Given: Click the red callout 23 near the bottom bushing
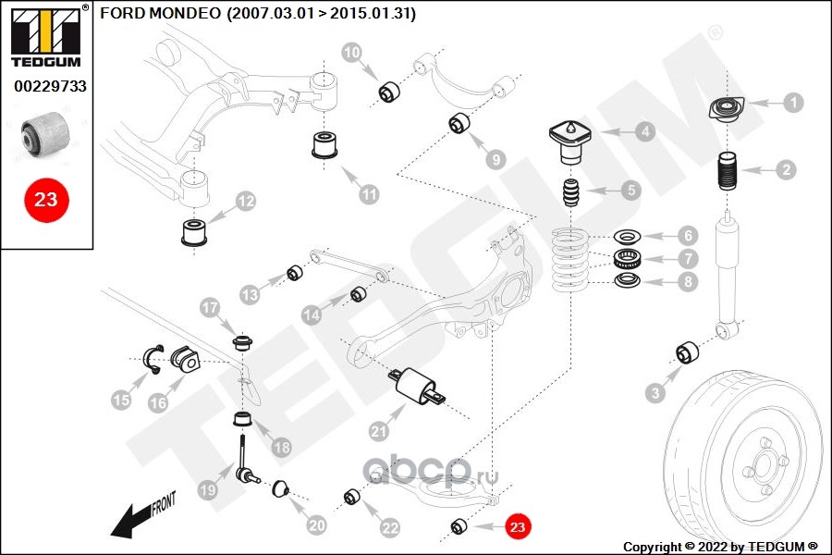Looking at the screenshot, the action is (x=518, y=526).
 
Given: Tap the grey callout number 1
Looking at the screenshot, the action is (x=793, y=103).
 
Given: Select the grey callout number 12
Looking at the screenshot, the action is (x=246, y=202).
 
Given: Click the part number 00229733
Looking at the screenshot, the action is (x=51, y=86).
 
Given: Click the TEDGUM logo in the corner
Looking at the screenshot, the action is (x=46, y=35).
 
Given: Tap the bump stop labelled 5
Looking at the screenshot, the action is (x=572, y=192).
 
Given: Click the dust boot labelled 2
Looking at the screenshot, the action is (x=728, y=174).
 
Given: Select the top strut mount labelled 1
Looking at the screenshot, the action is (x=728, y=110).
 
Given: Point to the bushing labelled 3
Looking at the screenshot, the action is (x=687, y=352).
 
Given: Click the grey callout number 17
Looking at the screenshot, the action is (x=210, y=307).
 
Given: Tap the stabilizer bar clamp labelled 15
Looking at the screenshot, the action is (x=153, y=359).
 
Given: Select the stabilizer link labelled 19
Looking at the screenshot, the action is (x=246, y=460).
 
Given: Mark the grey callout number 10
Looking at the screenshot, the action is (x=351, y=52).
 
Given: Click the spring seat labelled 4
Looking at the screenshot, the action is (x=569, y=142).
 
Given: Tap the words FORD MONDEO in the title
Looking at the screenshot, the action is (x=160, y=13).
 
